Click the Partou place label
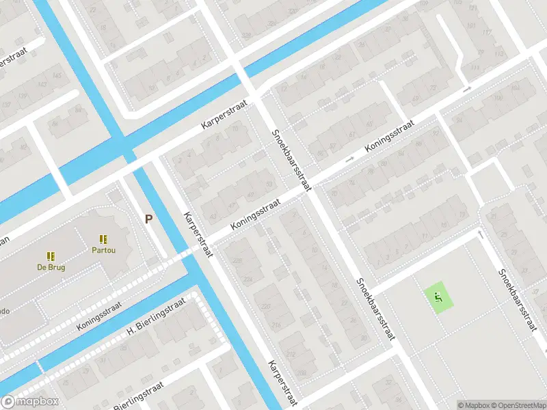coord(103,250)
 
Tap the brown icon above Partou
coord(103,239)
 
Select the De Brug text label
coord(51,267)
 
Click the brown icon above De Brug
coord(51,256)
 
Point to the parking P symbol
coord(148,219)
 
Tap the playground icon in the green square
coord(438,297)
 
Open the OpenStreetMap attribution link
coord(516,405)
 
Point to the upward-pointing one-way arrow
coord(481,235)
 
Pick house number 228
coord(238,261)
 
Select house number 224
coord(247,280)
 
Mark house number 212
coord(290,355)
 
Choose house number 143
coord(42,85)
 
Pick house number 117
coord(487,33)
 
